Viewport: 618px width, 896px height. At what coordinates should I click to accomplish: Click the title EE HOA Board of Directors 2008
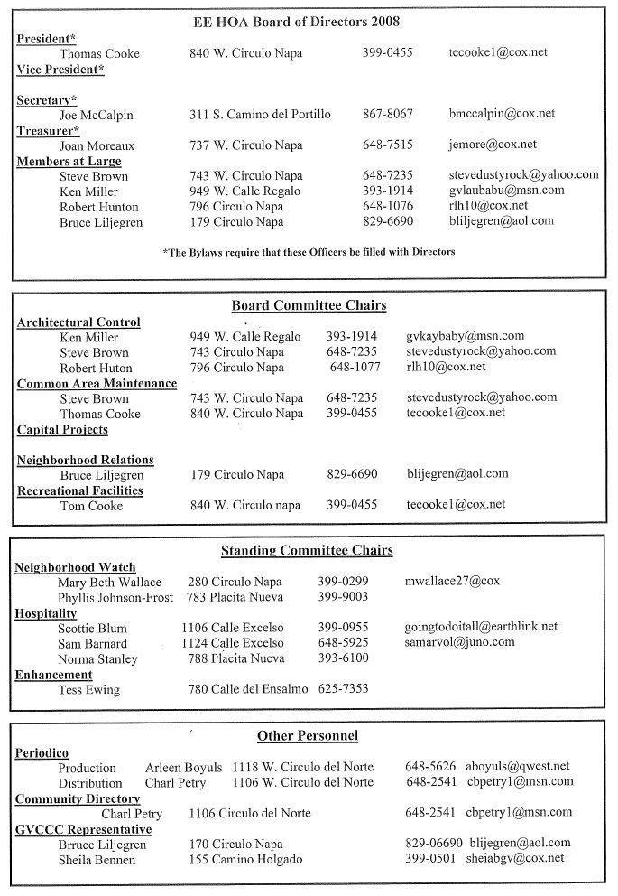309,21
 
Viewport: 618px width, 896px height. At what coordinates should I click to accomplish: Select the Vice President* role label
60,70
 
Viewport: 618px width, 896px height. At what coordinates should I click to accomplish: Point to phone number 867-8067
388,114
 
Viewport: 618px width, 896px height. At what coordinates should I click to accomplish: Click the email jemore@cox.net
493,145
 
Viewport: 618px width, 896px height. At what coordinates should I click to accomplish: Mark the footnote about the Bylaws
309,252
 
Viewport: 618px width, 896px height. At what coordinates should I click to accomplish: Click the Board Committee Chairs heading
309,305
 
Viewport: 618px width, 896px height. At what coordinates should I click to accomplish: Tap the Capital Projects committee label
62,430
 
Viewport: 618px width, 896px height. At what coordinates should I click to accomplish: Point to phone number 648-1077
356,368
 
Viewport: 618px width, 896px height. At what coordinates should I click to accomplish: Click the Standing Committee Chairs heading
307,550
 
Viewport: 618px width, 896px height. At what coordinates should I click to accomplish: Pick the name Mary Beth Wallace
110,582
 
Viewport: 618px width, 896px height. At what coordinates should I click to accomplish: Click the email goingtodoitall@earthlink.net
481,626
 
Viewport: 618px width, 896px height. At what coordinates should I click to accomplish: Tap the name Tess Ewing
89,690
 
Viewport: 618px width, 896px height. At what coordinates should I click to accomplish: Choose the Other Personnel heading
308,736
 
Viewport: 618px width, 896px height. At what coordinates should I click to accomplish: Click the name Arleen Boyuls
183,767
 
